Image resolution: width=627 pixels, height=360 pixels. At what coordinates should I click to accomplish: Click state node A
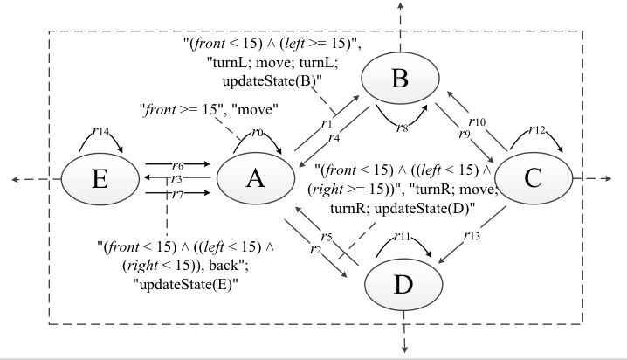(x=254, y=179)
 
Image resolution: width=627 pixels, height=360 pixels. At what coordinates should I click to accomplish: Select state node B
(x=400, y=80)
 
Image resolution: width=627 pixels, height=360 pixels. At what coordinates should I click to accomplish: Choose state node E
(x=99, y=180)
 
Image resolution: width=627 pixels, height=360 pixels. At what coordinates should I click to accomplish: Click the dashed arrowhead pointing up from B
(x=400, y=6)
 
